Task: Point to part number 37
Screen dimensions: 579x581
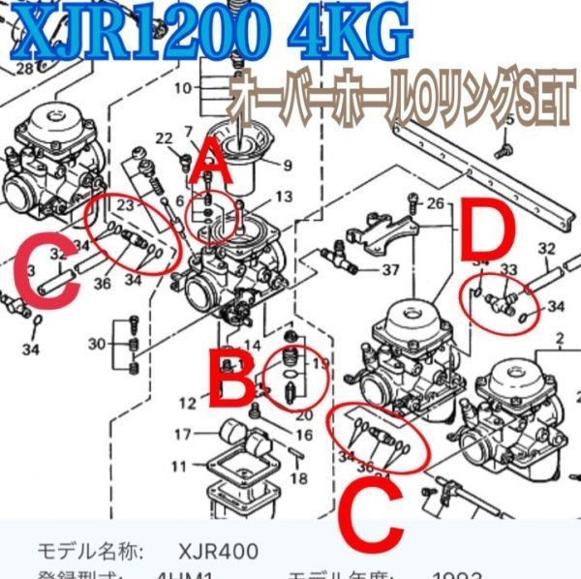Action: click(390, 269)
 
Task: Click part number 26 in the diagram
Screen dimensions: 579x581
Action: click(435, 203)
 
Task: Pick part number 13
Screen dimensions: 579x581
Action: click(283, 197)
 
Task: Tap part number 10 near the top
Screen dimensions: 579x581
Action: click(183, 89)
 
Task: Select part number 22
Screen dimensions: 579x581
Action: click(164, 137)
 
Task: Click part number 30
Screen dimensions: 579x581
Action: click(97, 345)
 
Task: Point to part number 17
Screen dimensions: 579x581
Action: click(183, 433)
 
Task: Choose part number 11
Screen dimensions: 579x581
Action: click(179, 467)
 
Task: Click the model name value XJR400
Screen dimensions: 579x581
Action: click(219, 552)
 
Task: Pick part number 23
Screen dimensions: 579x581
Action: click(123, 205)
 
